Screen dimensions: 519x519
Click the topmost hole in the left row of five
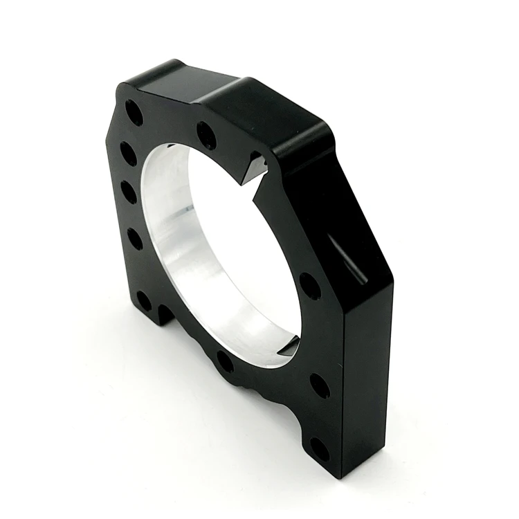(134, 113)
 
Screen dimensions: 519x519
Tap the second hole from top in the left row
(128, 153)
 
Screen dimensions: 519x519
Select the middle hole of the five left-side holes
(129, 192)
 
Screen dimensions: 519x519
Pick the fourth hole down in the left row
(135, 239)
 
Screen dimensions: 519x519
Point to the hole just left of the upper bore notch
(206, 136)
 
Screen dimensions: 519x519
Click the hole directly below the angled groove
(309, 286)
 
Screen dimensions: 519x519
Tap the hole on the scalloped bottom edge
(225, 361)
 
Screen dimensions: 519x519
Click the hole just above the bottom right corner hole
(320, 386)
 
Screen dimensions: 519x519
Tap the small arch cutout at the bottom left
(165, 315)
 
